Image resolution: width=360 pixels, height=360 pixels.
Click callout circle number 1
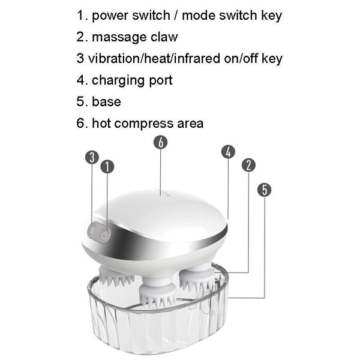click(107, 167)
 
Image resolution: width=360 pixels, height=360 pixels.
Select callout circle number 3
click(91, 158)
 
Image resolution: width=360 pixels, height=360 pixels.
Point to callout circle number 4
click(228, 152)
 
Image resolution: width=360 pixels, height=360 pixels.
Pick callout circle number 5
click(264, 190)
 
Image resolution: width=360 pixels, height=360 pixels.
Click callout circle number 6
click(160, 142)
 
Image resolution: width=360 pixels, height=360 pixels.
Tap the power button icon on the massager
click(105, 235)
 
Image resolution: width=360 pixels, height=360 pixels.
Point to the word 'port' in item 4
click(160, 80)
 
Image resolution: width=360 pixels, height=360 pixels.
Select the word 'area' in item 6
click(188, 124)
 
